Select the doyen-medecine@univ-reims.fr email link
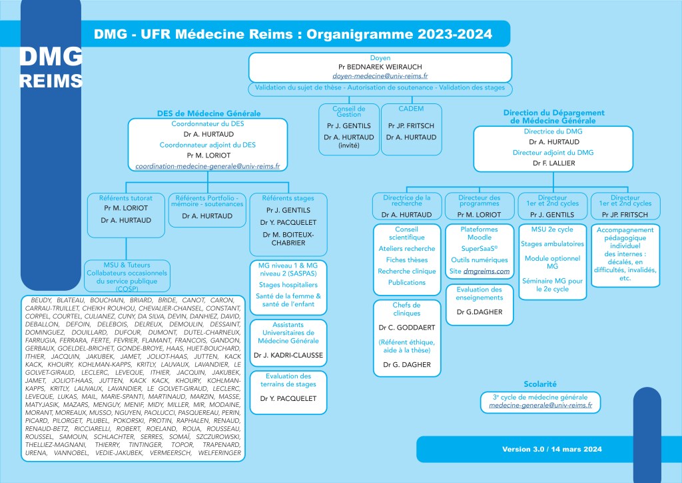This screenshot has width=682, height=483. click(380, 77)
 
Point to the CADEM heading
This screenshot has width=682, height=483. click(412, 108)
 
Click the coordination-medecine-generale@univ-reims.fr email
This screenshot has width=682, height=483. click(207, 165)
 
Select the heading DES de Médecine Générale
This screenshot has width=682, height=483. click(208, 113)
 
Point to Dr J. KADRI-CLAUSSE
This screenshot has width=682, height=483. click(288, 356)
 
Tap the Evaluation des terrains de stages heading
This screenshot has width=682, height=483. click(288, 380)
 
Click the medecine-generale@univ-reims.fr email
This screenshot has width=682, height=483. click(540, 405)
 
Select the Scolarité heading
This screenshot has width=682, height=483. click(540, 384)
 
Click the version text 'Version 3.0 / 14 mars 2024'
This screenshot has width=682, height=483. click(552, 450)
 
